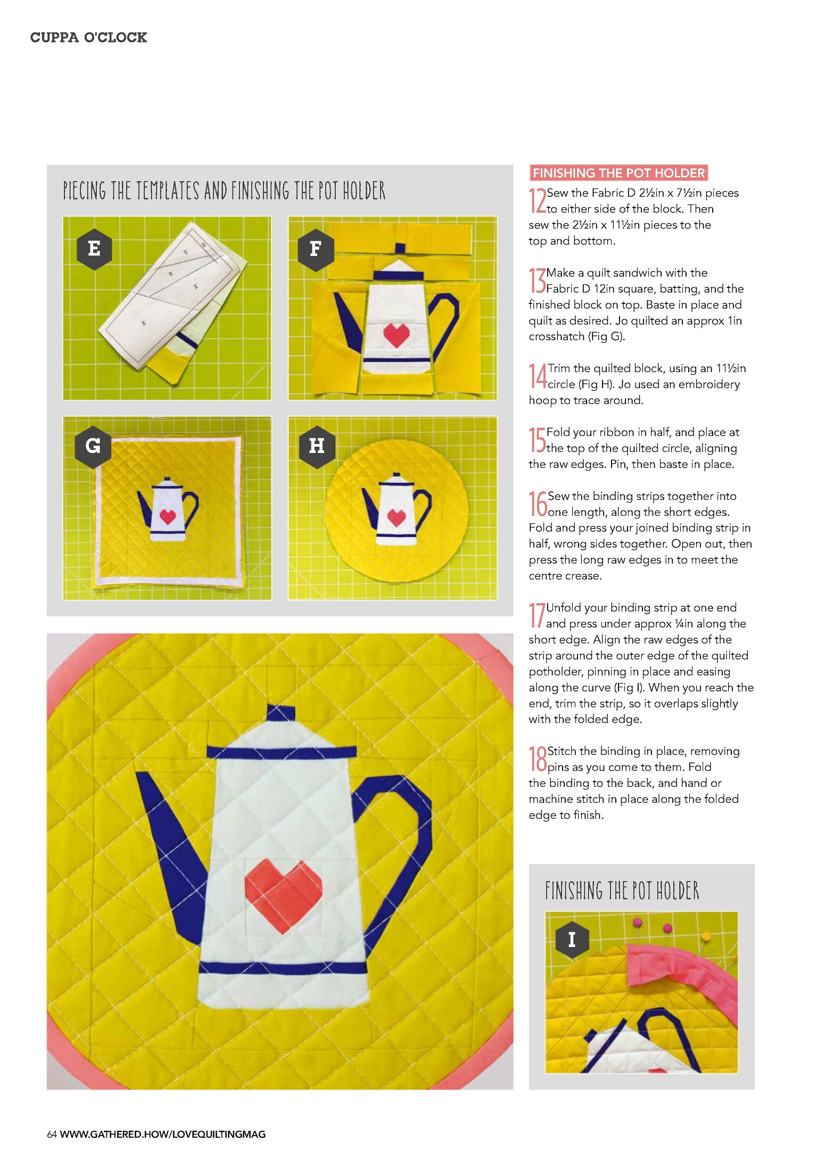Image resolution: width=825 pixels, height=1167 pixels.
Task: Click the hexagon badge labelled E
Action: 94,249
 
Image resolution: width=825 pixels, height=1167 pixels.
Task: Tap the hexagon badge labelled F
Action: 316,249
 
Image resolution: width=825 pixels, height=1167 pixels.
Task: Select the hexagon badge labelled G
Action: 93,446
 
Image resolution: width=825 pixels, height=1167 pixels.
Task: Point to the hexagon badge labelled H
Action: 317,446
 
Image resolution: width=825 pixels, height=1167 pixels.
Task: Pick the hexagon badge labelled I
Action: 572,940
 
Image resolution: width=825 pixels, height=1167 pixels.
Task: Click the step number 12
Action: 537,200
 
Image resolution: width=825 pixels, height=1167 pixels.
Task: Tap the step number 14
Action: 538,375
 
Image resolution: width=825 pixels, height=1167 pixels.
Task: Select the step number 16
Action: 538,504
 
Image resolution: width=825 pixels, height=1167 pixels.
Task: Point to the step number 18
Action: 538,759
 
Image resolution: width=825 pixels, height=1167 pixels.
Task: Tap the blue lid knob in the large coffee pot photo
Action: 280,712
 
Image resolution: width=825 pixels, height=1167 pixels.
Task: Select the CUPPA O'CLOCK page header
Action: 88,37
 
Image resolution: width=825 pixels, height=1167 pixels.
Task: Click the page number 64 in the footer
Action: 52,1134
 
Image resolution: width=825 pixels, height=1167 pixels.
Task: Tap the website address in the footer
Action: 163,1134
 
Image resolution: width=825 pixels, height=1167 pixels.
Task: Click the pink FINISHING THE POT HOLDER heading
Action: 618,173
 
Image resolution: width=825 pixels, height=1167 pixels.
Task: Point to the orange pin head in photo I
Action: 706,935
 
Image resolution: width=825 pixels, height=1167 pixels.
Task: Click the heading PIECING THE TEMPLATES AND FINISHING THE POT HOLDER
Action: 224,191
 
